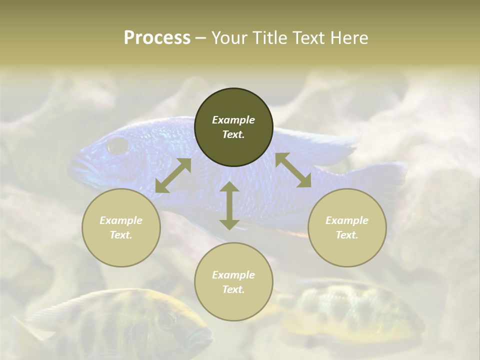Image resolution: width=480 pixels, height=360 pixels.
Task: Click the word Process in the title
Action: click(x=157, y=37)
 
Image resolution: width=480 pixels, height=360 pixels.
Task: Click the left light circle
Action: click(x=121, y=227)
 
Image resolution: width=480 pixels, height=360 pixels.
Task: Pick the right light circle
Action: click(x=347, y=227)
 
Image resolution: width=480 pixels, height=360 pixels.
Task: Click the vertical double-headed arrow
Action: click(x=229, y=205)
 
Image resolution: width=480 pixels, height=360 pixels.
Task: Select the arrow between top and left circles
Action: click(x=173, y=175)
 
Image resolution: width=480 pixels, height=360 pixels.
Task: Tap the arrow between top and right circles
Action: click(x=293, y=170)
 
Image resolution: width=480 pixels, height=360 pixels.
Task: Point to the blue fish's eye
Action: click(x=118, y=145)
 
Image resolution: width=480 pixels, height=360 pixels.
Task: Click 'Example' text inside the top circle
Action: click(x=233, y=120)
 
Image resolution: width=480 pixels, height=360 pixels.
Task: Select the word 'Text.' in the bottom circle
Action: click(x=233, y=289)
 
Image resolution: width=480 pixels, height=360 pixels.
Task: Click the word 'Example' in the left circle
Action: click(x=121, y=220)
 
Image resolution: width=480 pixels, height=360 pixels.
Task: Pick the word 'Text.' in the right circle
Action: click(x=347, y=235)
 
